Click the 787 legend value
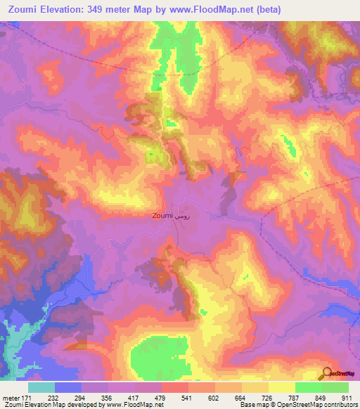point(294,397)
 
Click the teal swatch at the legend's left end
point(41,387)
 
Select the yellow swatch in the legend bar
point(255,387)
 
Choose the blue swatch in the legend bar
point(68,387)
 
